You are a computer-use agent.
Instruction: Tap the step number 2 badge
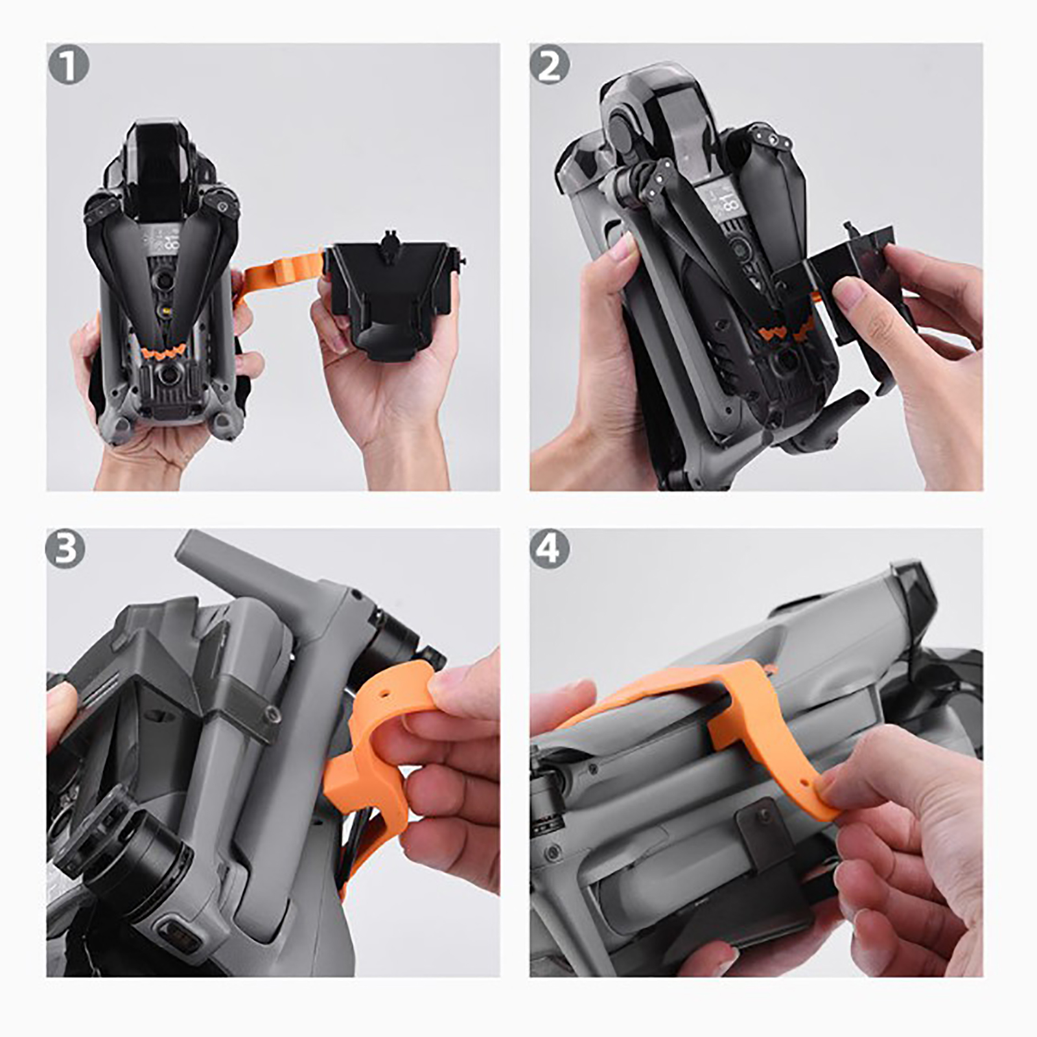coord(550,66)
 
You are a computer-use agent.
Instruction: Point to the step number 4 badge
coord(550,549)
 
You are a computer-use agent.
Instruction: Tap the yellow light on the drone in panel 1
coord(167,312)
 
